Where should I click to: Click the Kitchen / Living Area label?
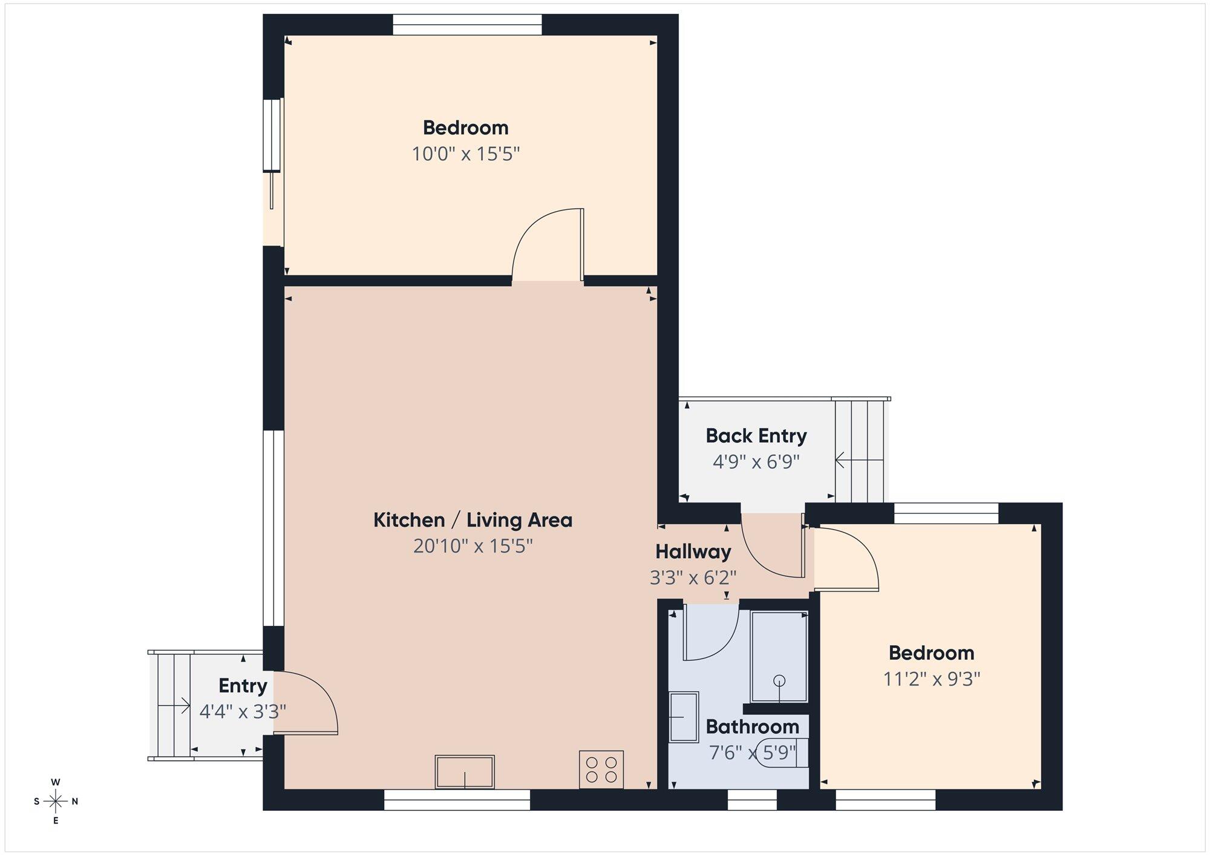click(x=473, y=520)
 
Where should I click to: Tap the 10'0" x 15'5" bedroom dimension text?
click(x=466, y=154)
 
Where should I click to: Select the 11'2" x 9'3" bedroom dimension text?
click(x=932, y=679)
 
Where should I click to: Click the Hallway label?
click(x=693, y=551)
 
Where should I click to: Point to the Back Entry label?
click(x=756, y=435)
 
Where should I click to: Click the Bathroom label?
click(x=752, y=726)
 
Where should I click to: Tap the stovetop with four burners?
click(x=601, y=769)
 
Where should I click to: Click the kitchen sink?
click(x=465, y=772)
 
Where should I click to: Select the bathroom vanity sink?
click(x=684, y=717)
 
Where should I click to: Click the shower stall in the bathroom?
click(x=779, y=657)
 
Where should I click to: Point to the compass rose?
click(x=56, y=802)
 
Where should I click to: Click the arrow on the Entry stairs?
click(x=174, y=705)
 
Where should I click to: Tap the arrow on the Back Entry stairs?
click(x=859, y=460)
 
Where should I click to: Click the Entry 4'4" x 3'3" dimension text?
click(x=243, y=712)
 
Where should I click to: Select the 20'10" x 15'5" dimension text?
click(x=473, y=547)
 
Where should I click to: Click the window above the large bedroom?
click(x=467, y=25)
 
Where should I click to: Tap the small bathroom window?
click(x=752, y=800)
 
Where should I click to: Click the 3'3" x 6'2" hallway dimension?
click(x=693, y=578)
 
